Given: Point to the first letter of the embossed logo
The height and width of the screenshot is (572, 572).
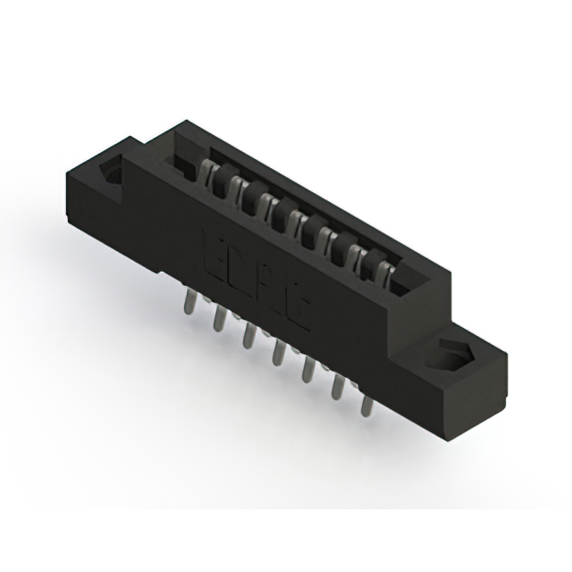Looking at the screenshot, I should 217,252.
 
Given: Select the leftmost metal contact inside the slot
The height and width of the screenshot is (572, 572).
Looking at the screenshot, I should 215,173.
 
